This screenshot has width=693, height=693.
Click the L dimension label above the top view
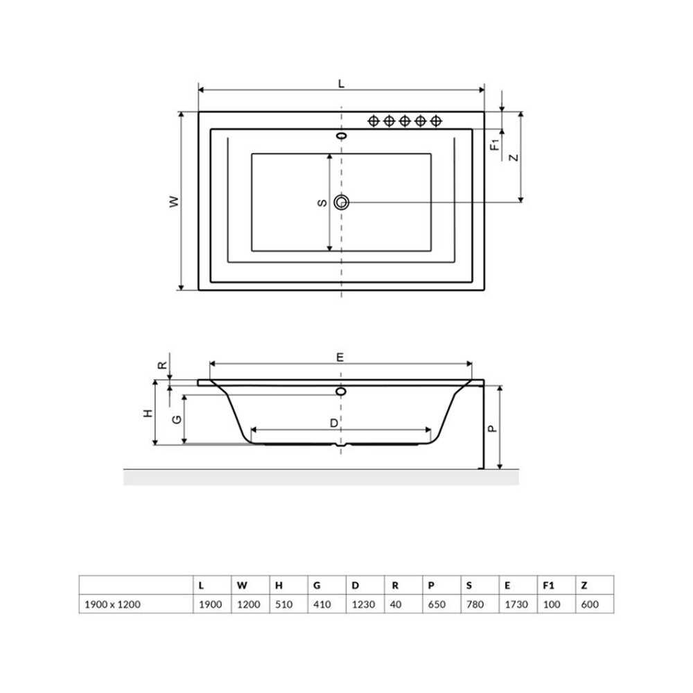tap(341, 84)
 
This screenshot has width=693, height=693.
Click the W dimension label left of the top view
tap(175, 202)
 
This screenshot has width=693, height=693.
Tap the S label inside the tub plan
tap(323, 202)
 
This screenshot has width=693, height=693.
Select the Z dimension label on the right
tap(514, 157)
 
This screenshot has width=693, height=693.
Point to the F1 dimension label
tap(495, 145)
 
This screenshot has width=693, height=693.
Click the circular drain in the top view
tap(341, 202)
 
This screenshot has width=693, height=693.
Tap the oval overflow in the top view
tap(341, 135)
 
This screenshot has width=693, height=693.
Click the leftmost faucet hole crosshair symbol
tap(374, 121)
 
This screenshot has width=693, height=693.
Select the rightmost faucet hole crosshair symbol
tap(436, 121)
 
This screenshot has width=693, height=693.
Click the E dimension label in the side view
tap(340, 357)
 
